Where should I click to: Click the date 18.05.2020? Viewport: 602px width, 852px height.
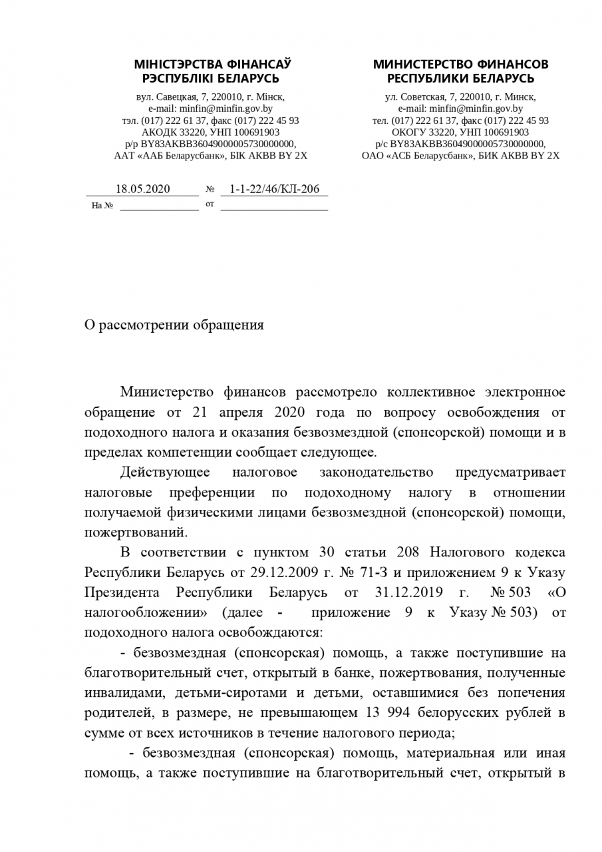142,189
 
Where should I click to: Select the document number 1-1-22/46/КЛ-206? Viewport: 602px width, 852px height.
274,189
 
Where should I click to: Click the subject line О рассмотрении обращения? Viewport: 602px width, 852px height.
174,325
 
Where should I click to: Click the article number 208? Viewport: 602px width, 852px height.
407,552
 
